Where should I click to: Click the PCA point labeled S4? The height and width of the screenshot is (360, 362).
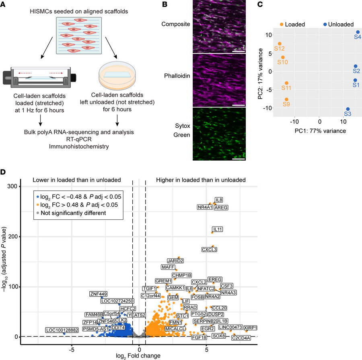click(358, 32)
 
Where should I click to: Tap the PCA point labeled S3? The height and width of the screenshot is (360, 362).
click(348, 109)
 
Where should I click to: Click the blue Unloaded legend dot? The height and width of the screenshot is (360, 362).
click(325, 24)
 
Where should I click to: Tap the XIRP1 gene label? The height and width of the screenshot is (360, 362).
click(251, 328)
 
